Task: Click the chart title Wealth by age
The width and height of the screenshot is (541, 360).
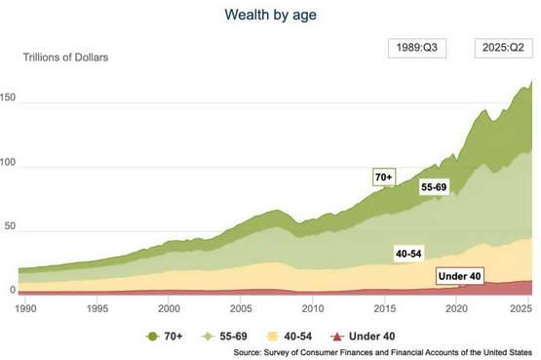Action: click(271, 15)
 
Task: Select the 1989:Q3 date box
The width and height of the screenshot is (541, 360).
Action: click(417, 48)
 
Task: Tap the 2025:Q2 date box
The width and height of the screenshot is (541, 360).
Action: click(503, 48)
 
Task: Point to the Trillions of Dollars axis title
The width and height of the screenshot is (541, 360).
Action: click(65, 58)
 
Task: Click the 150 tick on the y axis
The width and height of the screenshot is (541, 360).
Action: click(8, 98)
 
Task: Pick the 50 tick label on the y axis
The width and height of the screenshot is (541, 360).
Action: click(10, 226)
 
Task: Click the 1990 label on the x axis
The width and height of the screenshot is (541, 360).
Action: click(25, 308)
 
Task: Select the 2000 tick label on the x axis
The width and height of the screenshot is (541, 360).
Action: click(169, 308)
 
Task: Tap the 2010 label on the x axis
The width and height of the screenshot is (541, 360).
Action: click(313, 308)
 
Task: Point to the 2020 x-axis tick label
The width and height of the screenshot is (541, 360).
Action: click(456, 308)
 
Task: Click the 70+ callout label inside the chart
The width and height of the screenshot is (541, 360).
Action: click(384, 177)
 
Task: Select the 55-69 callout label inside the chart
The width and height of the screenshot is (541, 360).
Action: click(434, 187)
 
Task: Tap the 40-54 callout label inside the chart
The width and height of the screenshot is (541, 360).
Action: click(408, 254)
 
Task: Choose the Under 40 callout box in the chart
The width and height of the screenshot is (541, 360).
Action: click(459, 276)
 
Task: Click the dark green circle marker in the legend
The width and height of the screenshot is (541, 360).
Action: click(152, 337)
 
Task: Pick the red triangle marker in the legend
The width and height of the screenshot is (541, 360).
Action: click(336, 337)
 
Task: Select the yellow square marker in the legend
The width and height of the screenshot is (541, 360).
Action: click(272, 337)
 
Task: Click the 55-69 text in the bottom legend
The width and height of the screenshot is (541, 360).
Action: click(233, 337)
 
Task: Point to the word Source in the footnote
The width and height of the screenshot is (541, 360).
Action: click(247, 353)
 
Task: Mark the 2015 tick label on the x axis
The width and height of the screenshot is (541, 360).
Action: click(385, 308)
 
